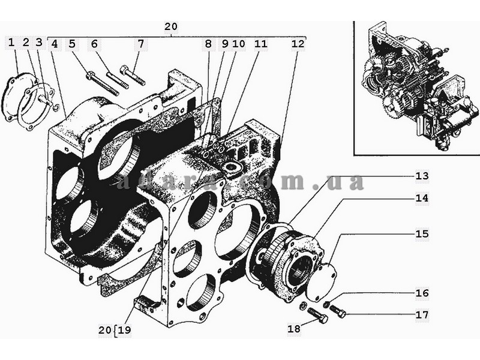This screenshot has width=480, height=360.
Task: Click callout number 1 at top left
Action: pos(11,43)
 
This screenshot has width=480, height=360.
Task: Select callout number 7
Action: pos(140,44)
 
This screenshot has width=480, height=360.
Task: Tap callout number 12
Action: pos(298,44)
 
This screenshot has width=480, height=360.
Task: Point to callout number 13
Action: pos(422,176)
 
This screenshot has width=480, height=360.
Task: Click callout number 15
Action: pos(422,234)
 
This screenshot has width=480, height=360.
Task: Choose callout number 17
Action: pos(422,315)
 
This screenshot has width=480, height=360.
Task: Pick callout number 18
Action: pos(294,329)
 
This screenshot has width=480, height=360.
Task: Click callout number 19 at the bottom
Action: pos(125,331)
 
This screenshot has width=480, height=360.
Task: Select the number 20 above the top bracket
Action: pos(171,26)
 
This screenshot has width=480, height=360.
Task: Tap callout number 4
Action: pos(54,44)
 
